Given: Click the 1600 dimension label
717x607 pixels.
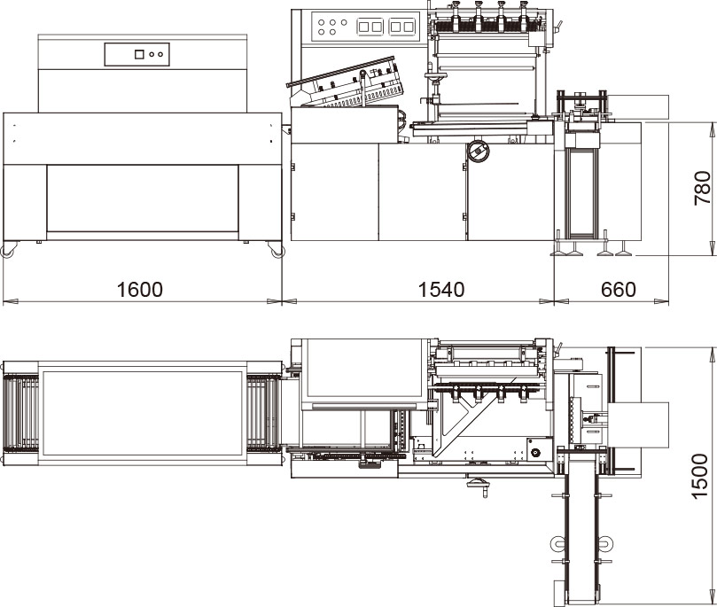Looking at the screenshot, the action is pyautogui.click(x=139, y=290).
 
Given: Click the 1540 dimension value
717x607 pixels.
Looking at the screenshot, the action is pyautogui.click(x=441, y=290).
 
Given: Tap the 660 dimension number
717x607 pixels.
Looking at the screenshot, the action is pyautogui.click(x=619, y=290).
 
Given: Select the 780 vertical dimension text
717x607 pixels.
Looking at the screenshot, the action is pyautogui.click(x=702, y=188).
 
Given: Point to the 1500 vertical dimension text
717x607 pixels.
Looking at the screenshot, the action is pyautogui.click(x=699, y=477).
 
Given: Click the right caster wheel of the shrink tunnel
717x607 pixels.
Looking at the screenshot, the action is pyautogui.click(x=277, y=250).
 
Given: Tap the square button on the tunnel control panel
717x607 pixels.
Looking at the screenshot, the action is pyautogui.click(x=139, y=54).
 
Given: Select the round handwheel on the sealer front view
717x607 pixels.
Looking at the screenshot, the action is pyautogui.click(x=478, y=151).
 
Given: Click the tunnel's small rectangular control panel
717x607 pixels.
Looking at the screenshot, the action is pyautogui.click(x=136, y=54).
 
